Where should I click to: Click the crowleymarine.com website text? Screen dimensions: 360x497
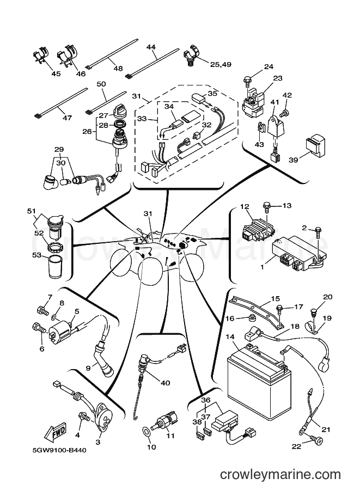(x=280, y=475)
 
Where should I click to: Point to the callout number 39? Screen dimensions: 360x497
(x=294, y=159)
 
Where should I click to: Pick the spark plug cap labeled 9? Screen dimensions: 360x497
(x=103, y=356)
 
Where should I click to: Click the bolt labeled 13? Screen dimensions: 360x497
(x=266, y=209)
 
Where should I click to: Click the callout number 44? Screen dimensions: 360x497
(x=151, y=47)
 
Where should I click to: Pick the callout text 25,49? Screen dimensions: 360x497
(x=221, y=64)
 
